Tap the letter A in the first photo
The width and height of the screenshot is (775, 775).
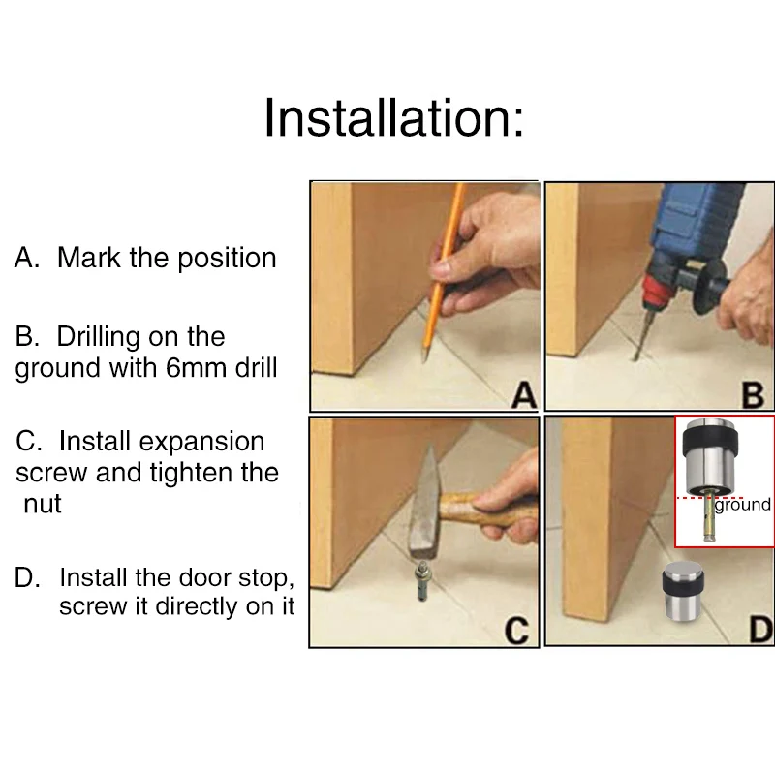(524, 395)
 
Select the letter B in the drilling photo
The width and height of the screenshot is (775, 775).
(753, 395)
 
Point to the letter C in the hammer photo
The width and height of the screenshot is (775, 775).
(516, 632)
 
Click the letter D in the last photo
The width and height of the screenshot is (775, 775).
(761, 630)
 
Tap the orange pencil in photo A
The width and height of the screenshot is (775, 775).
(444, 272)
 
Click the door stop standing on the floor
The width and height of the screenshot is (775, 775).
(683, 591)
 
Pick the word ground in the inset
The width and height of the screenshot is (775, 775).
(742, 505)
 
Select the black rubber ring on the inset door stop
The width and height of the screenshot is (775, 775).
(710, 444)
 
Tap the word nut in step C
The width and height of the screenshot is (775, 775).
(43, 505)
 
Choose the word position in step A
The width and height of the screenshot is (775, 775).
(227, 259)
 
